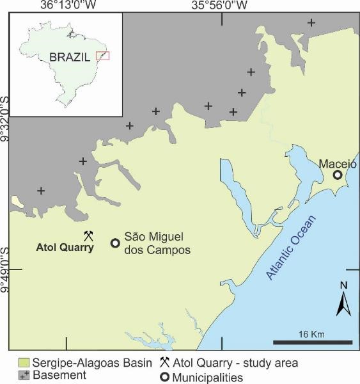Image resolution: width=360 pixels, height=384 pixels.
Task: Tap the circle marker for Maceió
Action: (337, 175)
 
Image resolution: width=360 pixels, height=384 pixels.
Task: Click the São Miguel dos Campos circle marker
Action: (116, 243)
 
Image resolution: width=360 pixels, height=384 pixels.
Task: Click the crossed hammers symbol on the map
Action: (88, 236)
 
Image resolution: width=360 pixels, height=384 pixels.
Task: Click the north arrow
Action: (344, 301)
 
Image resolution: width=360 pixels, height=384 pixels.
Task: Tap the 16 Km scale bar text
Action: (312, 333)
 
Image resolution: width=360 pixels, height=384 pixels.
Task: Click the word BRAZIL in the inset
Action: (70, 56)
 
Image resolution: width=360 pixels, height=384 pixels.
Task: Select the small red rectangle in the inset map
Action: (102, 56)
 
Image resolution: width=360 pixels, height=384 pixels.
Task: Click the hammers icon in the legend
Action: (165, 362)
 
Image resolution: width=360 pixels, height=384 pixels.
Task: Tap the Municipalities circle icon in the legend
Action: (164, 377)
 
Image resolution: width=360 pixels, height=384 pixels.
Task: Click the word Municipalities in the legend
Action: (208, 378)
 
